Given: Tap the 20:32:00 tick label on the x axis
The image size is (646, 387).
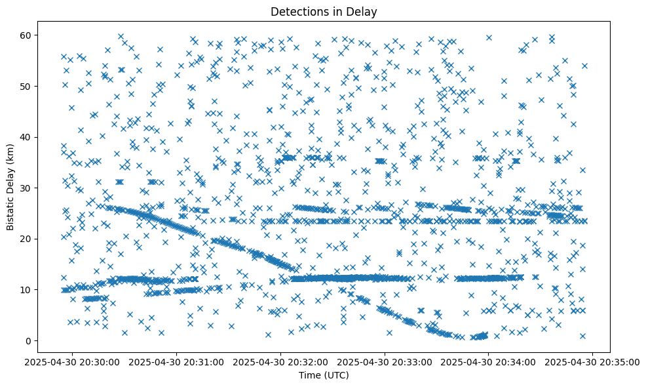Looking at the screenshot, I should (281, 362).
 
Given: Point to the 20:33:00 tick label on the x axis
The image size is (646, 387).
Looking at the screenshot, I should (385, 362).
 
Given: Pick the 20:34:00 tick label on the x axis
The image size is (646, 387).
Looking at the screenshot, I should (489, 362).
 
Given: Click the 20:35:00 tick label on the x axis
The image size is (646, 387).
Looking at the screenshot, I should (593, 362).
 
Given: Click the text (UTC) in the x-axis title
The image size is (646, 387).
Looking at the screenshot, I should (337, 376).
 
